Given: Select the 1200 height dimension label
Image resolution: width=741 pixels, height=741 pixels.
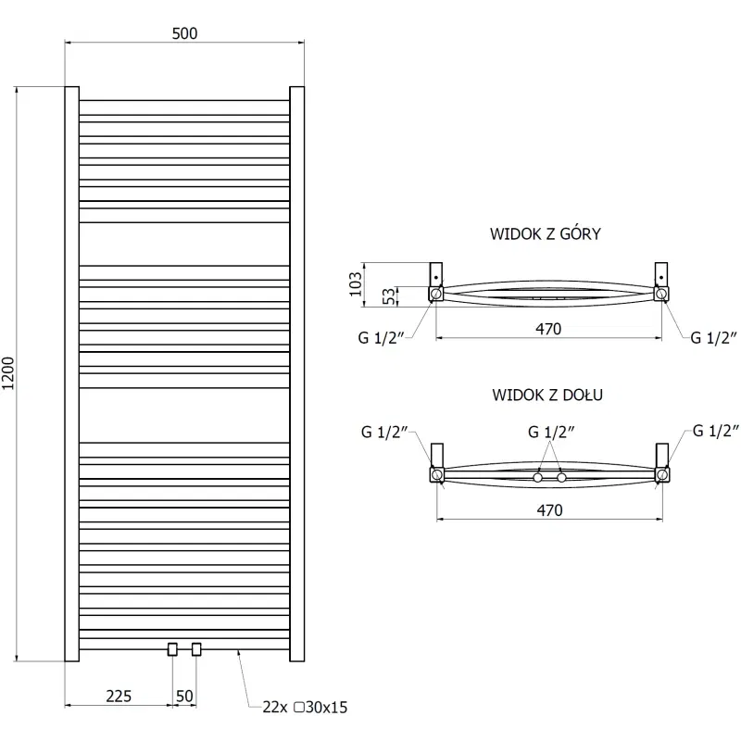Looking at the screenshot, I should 9,373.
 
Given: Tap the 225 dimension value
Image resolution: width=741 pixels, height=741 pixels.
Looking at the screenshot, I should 118,696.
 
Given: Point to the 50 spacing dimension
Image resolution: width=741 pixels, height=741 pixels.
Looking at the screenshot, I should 183,696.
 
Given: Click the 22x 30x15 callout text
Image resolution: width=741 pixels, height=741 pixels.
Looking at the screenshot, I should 305,708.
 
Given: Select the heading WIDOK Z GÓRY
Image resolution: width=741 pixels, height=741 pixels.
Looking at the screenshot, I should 546,233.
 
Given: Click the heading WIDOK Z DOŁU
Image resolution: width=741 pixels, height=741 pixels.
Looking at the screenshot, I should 548,395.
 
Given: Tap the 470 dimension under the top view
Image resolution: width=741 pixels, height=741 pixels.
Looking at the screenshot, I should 547,328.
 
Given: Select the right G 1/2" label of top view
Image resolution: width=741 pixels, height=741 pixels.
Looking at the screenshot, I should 714,337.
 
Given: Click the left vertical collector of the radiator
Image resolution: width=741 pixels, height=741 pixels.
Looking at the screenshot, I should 70,373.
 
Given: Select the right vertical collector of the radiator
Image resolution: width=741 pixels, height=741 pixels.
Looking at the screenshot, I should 297,373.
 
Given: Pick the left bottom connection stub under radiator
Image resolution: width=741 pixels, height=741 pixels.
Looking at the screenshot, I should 172,649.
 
